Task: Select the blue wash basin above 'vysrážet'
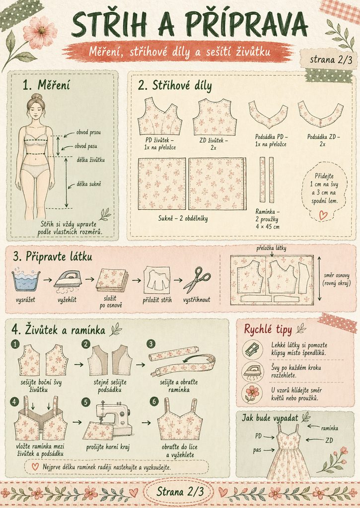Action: [26, 280]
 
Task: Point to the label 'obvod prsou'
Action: [88, 132]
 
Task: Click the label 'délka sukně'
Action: [89, 184]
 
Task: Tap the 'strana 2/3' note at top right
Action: [331, 60]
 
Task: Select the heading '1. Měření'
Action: [46, 85]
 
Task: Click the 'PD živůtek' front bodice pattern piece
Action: [160, 116]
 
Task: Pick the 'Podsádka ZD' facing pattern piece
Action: [320, 114]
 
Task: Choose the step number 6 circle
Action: [154, 402]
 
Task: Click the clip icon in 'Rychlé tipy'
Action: [252, 349]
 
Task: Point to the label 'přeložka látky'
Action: [271, 248]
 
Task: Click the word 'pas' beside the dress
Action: [257, 449]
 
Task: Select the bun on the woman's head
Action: [37, 97]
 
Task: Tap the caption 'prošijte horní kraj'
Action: [108, 447]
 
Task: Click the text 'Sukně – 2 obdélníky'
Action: [183, 218]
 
